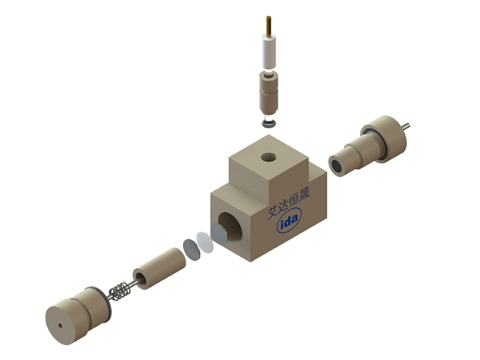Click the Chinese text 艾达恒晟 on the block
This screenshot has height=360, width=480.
(x=290, y=203)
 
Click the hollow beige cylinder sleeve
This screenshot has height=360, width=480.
(x=157, y=269)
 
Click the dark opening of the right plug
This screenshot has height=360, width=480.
(x=337, y=166)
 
